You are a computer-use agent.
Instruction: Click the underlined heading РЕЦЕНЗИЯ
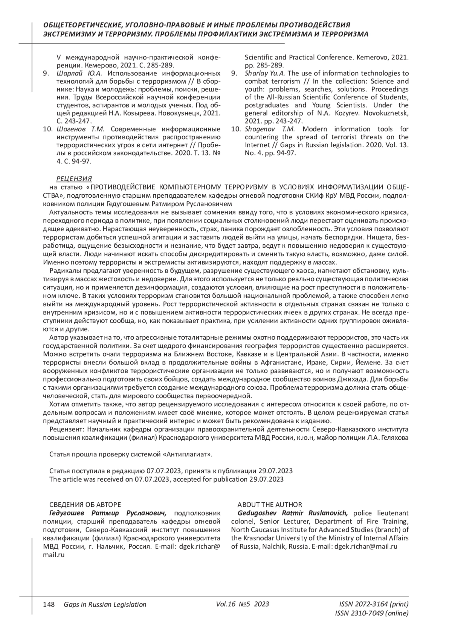(x=74, y=178)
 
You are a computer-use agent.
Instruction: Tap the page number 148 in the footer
(x=49, y=604)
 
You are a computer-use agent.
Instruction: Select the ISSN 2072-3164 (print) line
(x=374, y=604)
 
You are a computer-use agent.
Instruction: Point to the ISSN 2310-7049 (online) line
(x=371, y=613)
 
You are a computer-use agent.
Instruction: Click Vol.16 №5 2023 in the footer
(x=243, y=604)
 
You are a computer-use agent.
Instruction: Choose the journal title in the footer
(x=105, y=604)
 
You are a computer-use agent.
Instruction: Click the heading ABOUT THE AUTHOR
(x=269, y=505)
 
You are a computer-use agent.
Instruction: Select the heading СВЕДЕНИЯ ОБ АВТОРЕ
(x=85, y=505)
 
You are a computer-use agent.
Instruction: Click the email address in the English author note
(x=366, y=546)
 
